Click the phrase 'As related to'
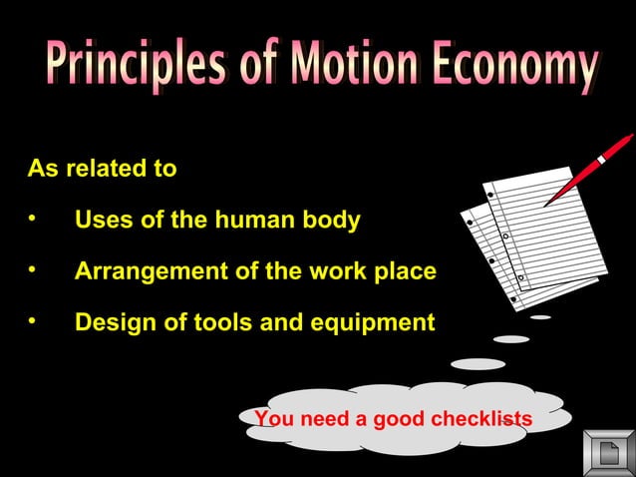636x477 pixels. (x=102, y=169)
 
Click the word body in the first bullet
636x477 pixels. (x=333, y=220)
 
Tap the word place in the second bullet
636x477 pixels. (x=406, y=271)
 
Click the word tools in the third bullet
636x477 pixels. (x=211, y=323)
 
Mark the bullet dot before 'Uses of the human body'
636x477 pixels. (x=33, y=219)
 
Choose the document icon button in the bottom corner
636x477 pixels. (x=608, y=453)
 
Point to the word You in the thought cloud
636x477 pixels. (x=273, y=419)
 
